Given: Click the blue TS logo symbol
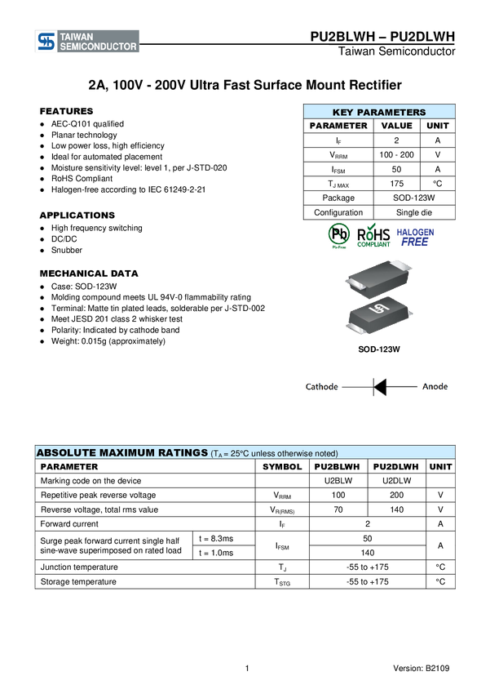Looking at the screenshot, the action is coord(47,42).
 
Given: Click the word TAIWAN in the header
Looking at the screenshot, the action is coord(77,37).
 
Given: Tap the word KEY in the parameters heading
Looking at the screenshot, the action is coord(343,113).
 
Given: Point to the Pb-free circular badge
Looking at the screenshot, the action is coord(338,236).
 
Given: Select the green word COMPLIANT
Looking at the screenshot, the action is coord(373,244).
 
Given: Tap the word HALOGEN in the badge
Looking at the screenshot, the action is coord(416,231).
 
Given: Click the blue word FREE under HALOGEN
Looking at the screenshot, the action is coord(415,242).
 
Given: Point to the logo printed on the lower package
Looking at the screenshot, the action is coord(377,311).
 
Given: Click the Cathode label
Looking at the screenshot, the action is coord(321,387).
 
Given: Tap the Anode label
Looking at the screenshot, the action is coord(435,387).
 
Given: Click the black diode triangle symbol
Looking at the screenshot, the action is coord(379,387).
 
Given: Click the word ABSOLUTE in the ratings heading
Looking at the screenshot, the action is coord(66,452).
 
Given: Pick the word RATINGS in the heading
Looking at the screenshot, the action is coord(183,452).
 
